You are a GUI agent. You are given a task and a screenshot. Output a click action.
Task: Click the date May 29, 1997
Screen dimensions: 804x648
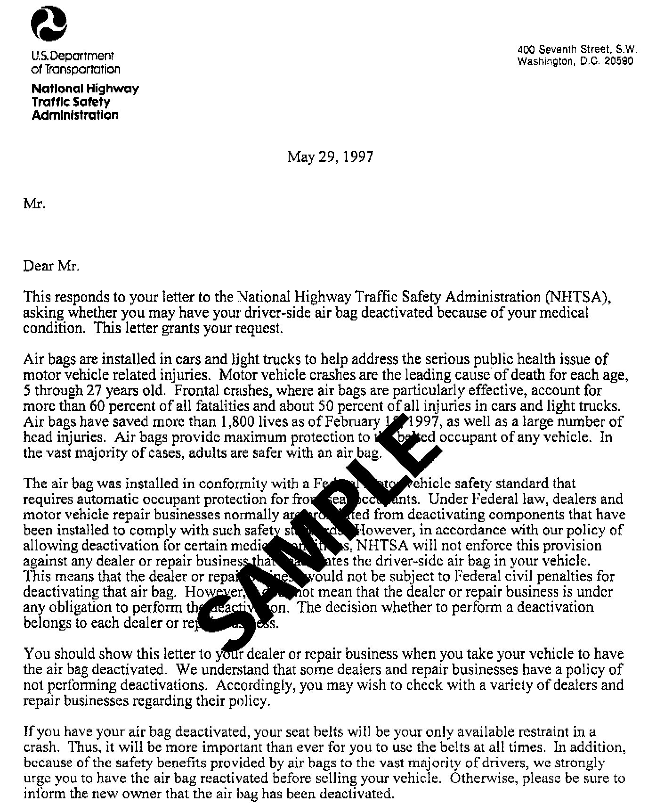click(x=330, y=156)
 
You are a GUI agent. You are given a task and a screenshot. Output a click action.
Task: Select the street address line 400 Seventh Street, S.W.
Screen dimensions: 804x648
click(x=577, y=49)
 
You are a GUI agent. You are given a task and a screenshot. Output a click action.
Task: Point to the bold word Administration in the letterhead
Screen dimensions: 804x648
click(x=75, y=115)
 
